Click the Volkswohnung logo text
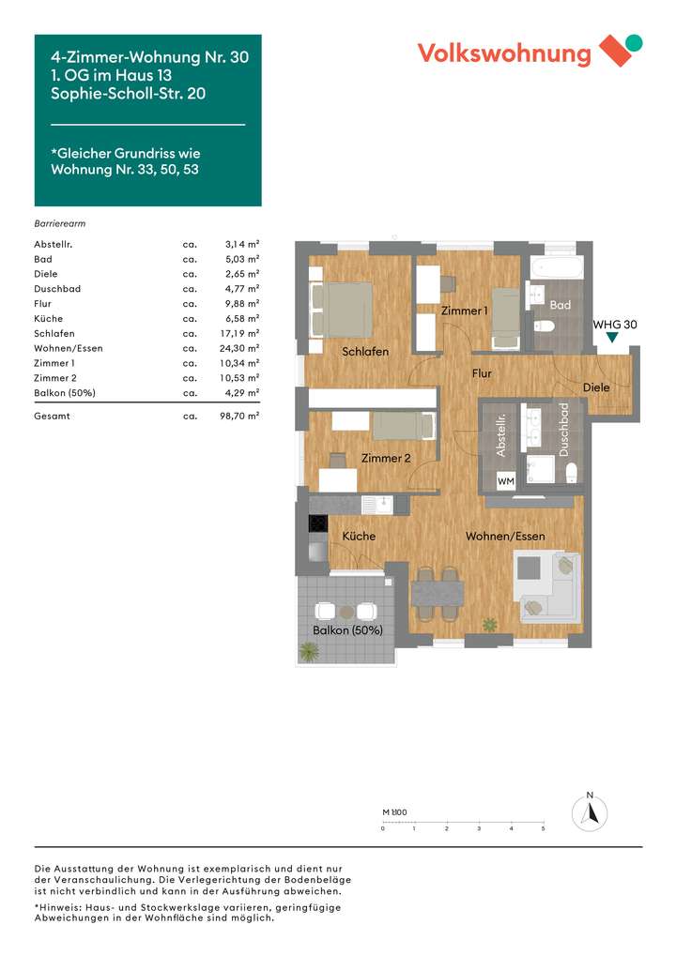point(504,53)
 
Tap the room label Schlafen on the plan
point(365,352)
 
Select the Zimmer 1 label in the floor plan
point(465,311)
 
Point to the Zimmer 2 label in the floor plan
point(387,458)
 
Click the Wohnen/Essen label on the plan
point(506,537)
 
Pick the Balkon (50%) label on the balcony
point(347,630)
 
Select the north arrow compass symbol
point(590,812)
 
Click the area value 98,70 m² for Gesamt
point(239,415)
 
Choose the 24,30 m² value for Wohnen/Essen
point(239,348)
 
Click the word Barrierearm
point(60,224)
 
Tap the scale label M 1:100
point(394,812)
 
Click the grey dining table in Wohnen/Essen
point(438,593)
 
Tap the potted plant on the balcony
point(308,651)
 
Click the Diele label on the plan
point(596,387)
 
